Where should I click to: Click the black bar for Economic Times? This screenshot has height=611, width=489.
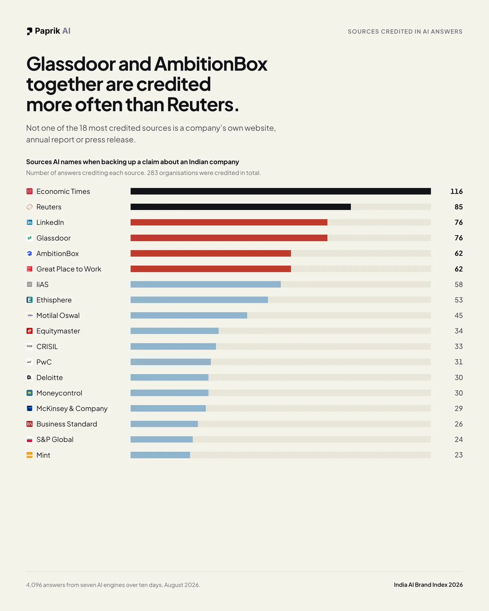pos(280,191)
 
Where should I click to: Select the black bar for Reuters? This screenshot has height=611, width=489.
pos(240,207)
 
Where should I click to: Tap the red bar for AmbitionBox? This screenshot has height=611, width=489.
pos(211,253)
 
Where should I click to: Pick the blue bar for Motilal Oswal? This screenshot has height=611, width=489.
pos(189,315)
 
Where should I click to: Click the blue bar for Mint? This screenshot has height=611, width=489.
pos(160,455)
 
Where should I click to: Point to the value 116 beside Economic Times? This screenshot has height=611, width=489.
pos(456,191)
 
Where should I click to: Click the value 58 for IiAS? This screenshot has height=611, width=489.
pos(458,284)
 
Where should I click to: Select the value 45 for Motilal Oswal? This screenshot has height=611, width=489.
pos(458,315)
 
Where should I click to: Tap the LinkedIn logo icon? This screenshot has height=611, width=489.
pos(30,222)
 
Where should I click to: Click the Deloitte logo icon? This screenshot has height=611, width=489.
pos(30,377)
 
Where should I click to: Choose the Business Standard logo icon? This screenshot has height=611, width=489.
pos(30,424)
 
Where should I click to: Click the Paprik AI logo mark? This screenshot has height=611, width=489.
pos(30,31)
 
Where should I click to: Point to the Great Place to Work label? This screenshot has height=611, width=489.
pos(69,269)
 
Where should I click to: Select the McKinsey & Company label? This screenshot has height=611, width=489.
pos(72,409)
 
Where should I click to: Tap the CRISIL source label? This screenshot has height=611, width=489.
pos(47,346)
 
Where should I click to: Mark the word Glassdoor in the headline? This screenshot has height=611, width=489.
pos(71,64)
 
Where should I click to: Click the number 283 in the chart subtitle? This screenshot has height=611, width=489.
pos(152,173)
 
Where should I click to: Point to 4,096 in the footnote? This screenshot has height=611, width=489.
pos(34,585)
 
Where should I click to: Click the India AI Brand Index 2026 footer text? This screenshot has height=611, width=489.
pos(428,585)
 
